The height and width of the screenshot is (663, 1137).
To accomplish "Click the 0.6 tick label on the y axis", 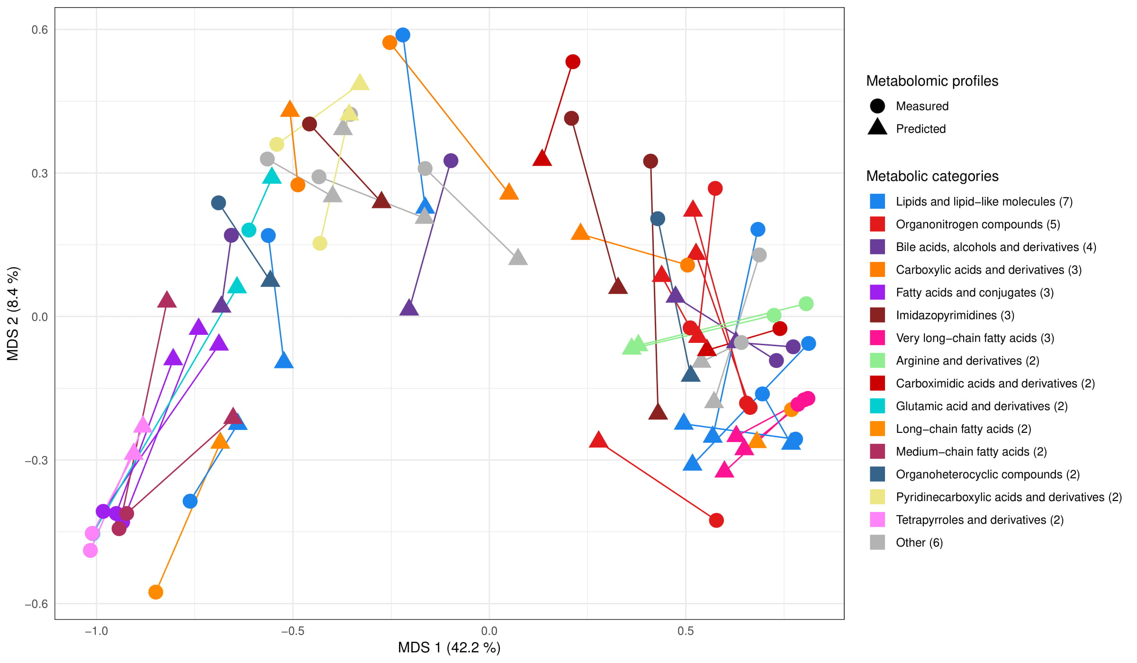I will point(40,30).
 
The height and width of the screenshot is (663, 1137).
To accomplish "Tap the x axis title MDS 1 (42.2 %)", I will point(449,647).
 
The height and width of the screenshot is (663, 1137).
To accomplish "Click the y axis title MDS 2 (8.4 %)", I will point(13,314).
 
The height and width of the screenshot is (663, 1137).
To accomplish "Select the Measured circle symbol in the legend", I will point(877,106).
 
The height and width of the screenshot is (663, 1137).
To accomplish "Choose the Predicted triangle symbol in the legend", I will point(877,128).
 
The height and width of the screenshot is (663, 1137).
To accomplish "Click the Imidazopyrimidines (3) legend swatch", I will point(877,315).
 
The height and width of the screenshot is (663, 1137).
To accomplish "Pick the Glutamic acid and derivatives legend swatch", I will point(877,406).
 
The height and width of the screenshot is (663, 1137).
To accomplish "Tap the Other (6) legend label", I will point(919,543).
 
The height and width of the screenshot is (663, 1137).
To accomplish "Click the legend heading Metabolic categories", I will point(932,176).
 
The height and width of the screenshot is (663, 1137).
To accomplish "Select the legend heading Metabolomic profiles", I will point(932,81).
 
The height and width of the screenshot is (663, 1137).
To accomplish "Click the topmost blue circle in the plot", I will point(403,35).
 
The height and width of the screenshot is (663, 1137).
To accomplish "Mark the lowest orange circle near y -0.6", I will point(155,592).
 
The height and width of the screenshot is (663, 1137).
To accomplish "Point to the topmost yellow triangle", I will point(360,82).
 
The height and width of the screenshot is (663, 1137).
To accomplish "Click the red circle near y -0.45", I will point(716,520).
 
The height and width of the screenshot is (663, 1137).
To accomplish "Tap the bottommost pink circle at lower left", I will point(90,550).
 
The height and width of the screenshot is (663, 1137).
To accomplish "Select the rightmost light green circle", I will point(806,304).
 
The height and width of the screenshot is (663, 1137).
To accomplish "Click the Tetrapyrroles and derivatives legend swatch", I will point(877,520).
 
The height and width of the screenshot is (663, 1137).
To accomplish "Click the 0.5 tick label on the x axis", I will point(686,631).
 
